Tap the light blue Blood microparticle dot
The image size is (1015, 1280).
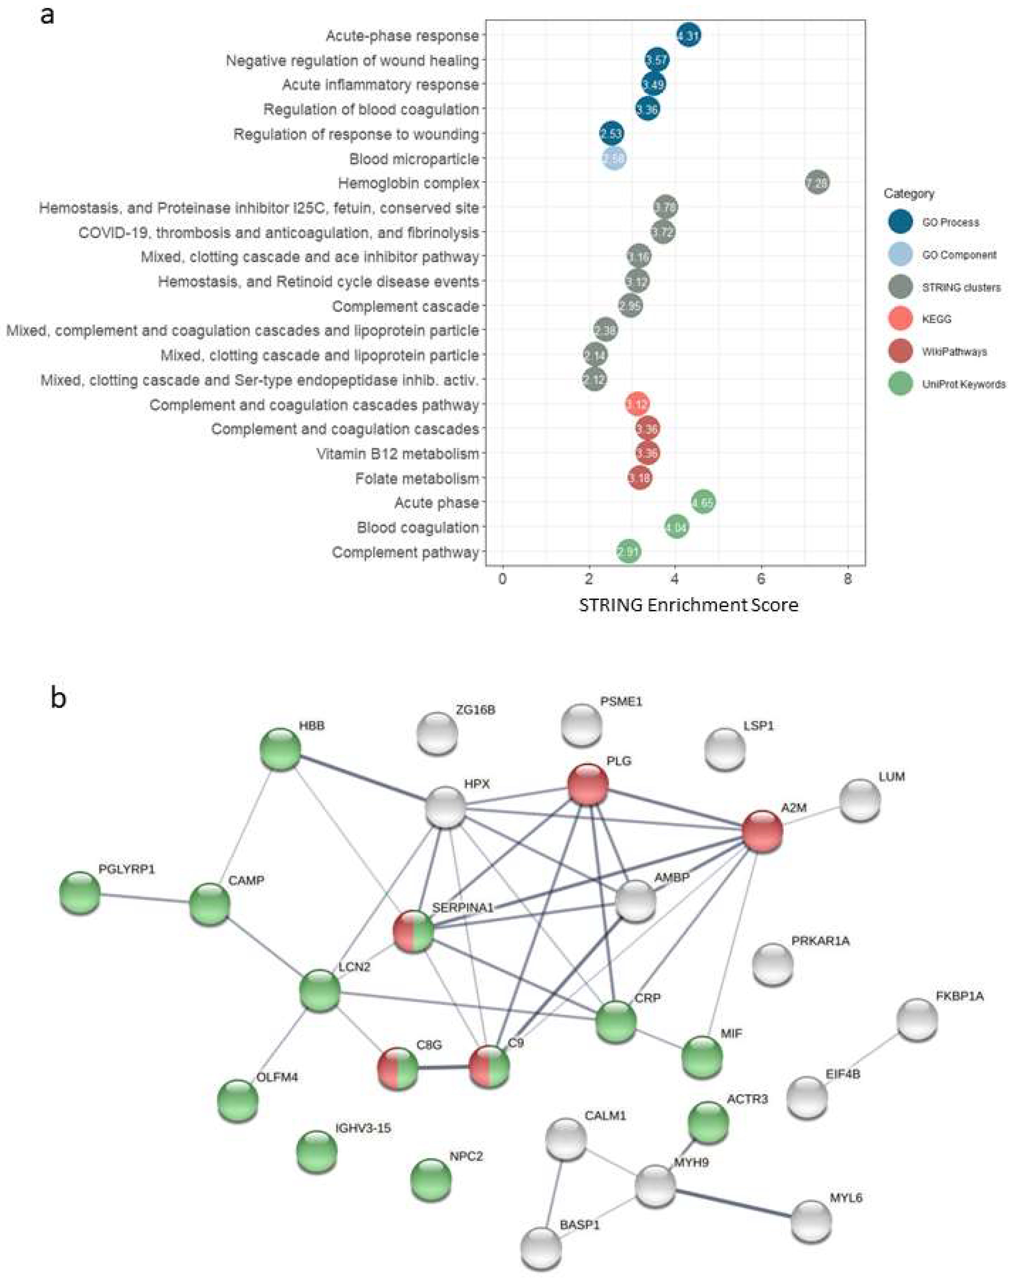(614, 159)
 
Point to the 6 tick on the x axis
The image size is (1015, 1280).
(761, 579)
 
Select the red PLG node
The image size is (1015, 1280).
(588, 785)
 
